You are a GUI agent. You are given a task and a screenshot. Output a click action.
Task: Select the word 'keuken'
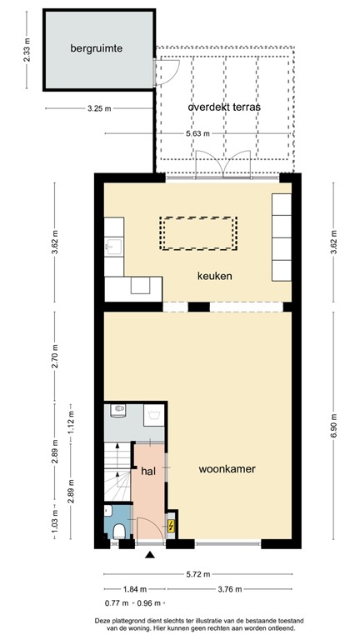[214, 276]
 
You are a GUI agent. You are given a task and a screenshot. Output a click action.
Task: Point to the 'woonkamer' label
[227, 469]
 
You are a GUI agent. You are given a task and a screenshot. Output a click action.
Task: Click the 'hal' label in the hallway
[148, 471]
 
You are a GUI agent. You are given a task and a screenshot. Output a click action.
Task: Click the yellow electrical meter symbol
[172, 526]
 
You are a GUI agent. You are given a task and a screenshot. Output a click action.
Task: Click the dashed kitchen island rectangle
[198, 233]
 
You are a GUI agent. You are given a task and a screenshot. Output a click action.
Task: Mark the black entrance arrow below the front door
[150, 555]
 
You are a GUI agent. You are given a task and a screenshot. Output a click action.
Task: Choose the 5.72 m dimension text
[198, 575]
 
